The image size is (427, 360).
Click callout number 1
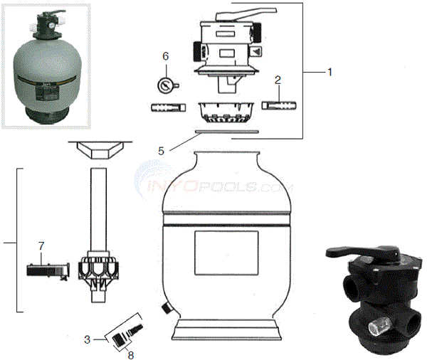coord(329,72)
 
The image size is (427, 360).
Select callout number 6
coord(166,55)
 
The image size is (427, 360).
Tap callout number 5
coord(161,151)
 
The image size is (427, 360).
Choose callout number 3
coord(86,340)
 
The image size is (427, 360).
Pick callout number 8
coord(130,350)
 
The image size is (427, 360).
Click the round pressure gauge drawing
coord(165,85)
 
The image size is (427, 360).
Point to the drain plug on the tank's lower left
coord(164,309)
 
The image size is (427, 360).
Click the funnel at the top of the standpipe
coord(97,152)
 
